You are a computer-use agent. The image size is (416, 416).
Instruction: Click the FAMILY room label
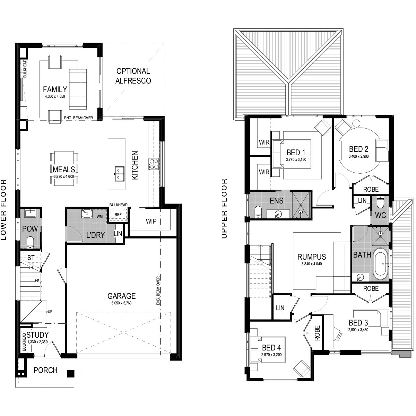point(55,89)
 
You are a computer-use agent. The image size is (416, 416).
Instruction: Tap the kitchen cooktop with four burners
point(154,164)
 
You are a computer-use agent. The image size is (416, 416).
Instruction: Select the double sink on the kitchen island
point(119,173)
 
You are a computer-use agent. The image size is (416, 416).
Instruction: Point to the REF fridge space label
point(118,215)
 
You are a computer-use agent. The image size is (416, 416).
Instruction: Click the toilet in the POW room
point(30,242)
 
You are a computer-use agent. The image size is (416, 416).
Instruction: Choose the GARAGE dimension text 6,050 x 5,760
point(121,303)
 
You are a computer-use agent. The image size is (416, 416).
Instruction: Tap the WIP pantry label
point(151,221)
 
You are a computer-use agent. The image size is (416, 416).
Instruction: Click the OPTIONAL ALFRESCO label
point(133,76)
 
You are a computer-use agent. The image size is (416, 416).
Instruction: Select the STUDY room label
point(37,335)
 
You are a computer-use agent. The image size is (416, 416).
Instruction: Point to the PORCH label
point(45,370)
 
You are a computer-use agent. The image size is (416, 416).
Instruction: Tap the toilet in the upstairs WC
point(380,202)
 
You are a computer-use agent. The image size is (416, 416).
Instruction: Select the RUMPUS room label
point(312,257)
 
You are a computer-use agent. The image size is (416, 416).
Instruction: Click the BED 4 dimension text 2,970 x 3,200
point(271,355)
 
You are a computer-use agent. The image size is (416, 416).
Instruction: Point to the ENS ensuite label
point(276,201)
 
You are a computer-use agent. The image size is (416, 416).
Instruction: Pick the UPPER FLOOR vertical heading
point(225,208)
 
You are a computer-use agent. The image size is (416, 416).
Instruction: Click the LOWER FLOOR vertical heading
point(3,209)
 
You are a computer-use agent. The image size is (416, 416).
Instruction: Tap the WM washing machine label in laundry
point(99,216)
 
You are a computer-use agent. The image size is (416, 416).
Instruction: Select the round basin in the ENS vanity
point(278,214)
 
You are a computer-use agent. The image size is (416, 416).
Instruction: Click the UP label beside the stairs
point(50,312)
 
